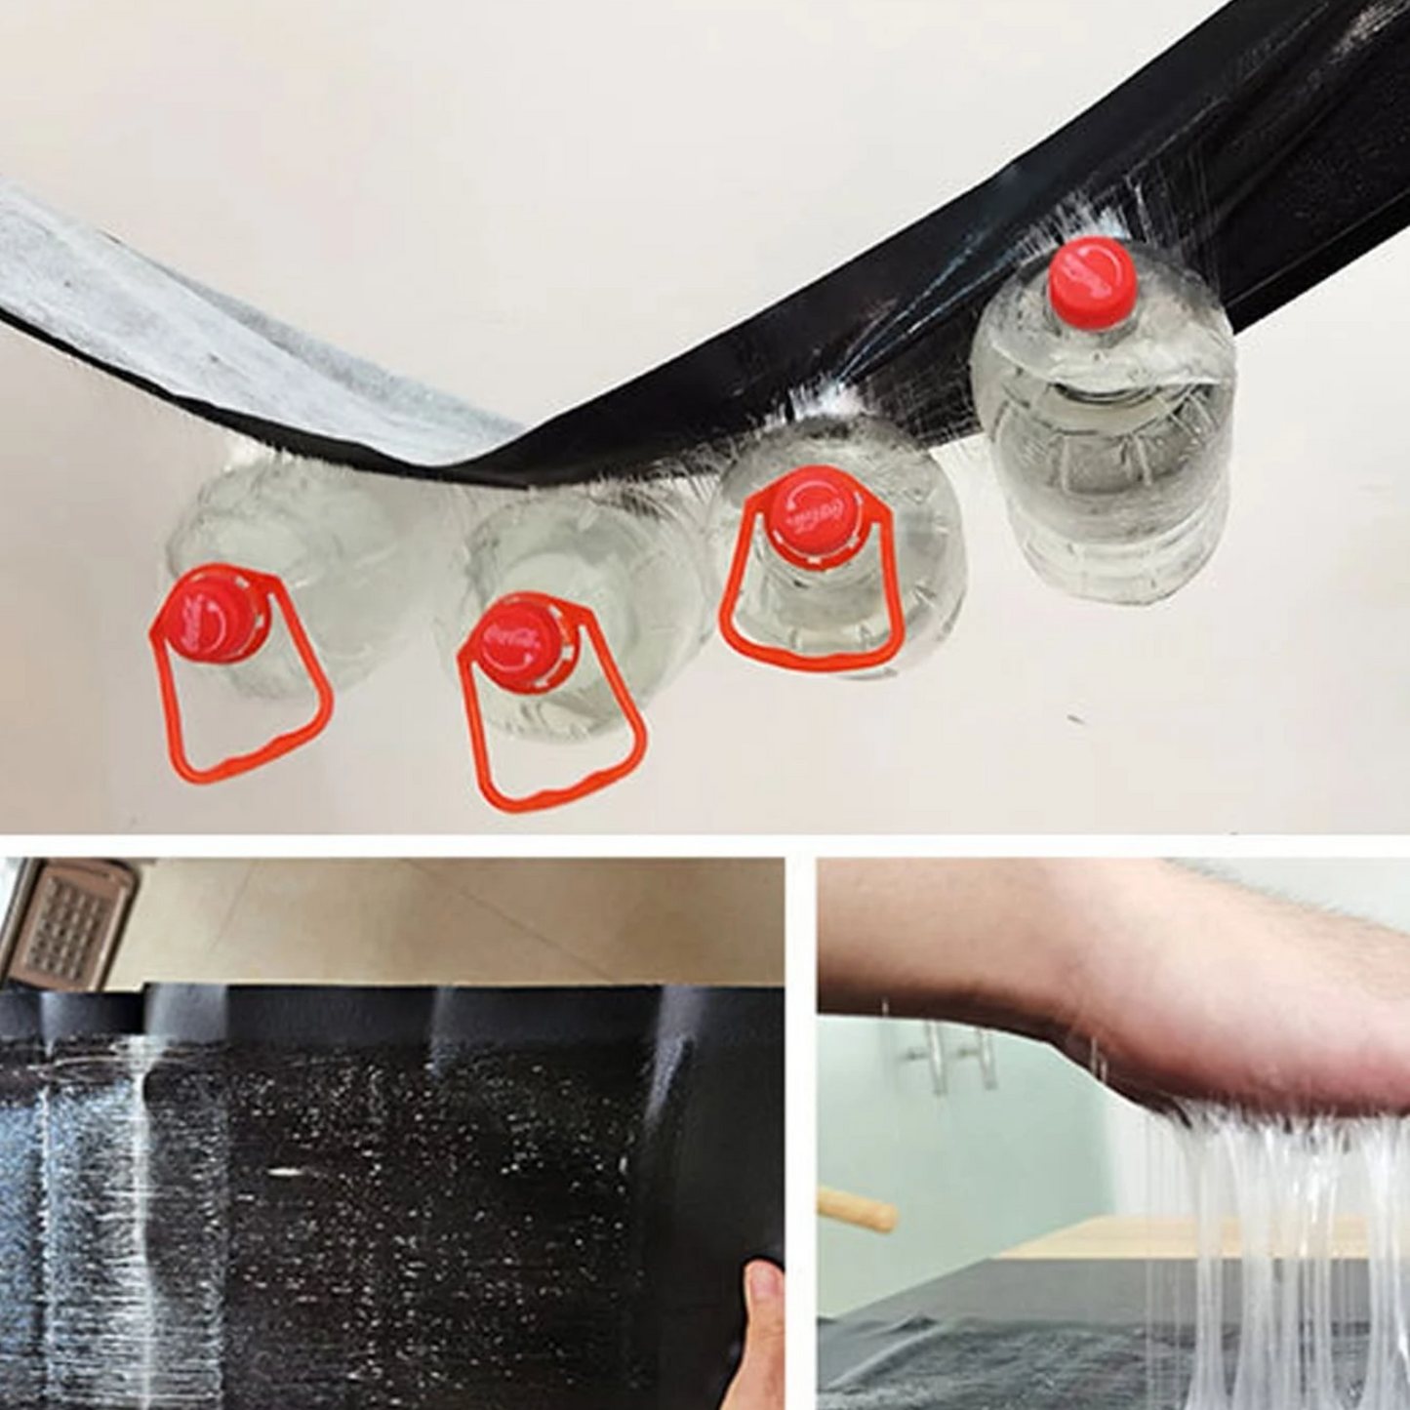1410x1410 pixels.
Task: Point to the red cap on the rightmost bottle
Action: [x=1091, y=276]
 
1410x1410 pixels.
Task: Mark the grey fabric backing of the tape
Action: [x=195, y=322]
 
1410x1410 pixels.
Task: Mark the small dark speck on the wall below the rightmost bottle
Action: [x=1076, y=720]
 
